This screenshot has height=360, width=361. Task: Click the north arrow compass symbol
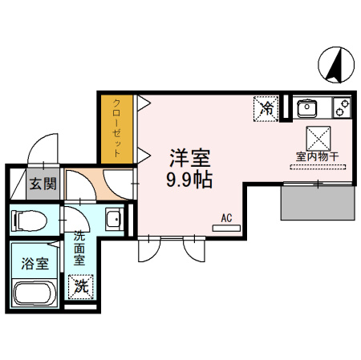click(x=336, y=65)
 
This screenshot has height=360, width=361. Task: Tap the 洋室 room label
click(x=190, y=158)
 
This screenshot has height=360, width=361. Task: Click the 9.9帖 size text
click(x=189, y=180)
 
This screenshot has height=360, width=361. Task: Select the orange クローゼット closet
click(x=117, y=129)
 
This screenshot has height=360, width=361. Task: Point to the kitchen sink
click(x=307, y=108)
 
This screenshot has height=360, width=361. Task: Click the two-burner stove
click(x=342, y=107)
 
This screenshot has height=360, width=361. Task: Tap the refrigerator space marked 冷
click(x=266, y=109)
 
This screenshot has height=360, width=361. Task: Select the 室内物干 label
click(x=317, y=156)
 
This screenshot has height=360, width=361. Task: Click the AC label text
click(x=226, y=218)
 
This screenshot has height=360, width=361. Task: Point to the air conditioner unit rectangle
click(x=226, y=229)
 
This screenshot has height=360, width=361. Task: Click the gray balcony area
click(x=318, y=203)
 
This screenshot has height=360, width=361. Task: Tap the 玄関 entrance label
click(x=43, y=184)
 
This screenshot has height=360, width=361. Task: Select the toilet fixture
click(x=29, y=220)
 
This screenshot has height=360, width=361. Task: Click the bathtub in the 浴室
click(x=34, y=293)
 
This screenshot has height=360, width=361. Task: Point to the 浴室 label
click(x=34, y=264)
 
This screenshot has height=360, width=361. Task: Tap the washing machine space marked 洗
click(x=81, y=287)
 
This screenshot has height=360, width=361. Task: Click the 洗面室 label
click(x=79, y=248)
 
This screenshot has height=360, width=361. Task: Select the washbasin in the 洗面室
click(x=115, y=219)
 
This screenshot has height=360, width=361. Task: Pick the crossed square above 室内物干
click(x=318, y=139)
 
